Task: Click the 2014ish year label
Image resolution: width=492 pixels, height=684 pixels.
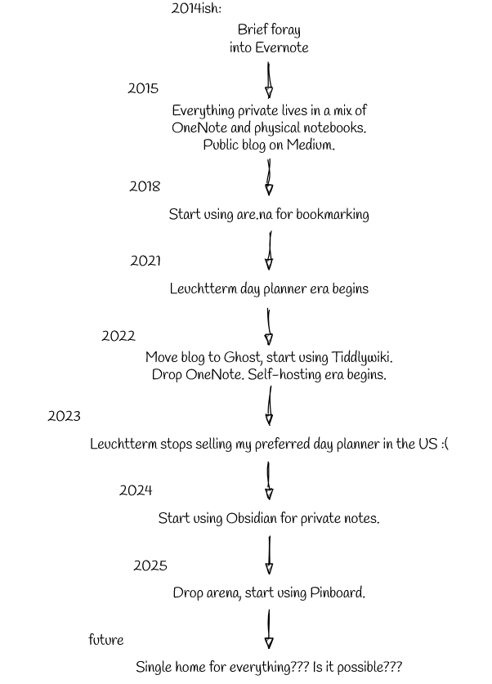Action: point(196,8)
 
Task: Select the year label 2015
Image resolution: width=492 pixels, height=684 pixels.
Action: point(143,88)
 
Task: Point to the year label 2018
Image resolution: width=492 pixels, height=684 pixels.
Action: point(145,186)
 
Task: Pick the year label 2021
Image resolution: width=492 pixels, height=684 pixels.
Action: point(145,261)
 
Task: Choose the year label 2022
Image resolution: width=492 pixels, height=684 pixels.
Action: point(119,336)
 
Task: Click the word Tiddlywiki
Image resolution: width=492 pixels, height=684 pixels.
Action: point(362,357)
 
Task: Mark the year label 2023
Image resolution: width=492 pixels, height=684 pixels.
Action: point(64,416)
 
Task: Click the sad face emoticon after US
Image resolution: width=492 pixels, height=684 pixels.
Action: point(445,444)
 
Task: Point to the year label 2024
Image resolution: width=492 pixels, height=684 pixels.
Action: point(136,491)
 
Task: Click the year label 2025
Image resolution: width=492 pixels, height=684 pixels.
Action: point(150,566)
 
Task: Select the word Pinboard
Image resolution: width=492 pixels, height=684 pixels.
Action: point(338,592)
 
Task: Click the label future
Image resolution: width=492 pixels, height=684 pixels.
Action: point(106,640)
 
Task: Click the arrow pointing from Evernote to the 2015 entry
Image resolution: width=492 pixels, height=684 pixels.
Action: point(269,80)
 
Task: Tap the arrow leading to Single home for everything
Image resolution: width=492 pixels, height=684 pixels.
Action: point(269,629)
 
